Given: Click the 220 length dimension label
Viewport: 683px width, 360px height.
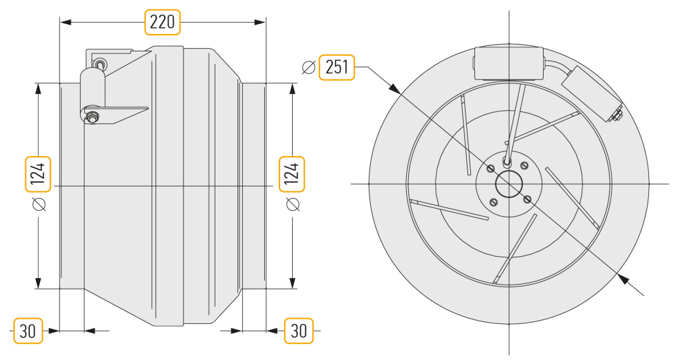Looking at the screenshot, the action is pyautogui.click(x=162, y=22).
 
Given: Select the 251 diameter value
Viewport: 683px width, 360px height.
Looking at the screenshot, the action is pyautogui.click(x=337, y=67).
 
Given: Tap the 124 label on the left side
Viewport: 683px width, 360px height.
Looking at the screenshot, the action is pyautogui.click(x=38, y=174).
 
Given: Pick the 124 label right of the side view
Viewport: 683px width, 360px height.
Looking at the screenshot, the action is pyautogui.click(x=292, y=174).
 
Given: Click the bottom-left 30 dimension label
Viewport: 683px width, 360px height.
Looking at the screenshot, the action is pyautogui.click(x=28, y=331).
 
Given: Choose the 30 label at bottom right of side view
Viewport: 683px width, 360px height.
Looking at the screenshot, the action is pyautogui.click(x=299, y=331).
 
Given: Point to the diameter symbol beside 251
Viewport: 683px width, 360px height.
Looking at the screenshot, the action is pyautogui.click(x=308, y=67).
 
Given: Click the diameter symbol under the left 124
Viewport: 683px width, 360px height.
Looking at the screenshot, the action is pyautogui.click(x=39, y=204).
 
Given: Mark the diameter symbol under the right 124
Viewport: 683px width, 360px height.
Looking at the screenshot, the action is pyautogui.click(x=292, y=204).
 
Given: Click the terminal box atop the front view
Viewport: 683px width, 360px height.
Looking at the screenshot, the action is pyautogui.click(x=509, y=63).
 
